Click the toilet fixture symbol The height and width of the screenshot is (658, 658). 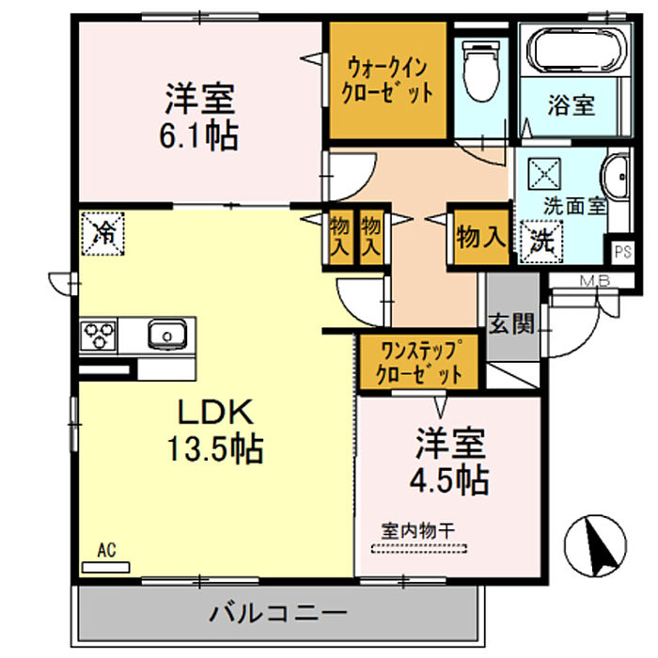[481, 70]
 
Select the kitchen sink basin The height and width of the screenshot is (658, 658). [167, 335]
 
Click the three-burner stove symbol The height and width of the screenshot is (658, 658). [99, 336]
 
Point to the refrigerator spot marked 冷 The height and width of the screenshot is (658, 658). [103, 233]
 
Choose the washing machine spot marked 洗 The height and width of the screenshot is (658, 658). [541, 243]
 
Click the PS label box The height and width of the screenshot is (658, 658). [622, 252]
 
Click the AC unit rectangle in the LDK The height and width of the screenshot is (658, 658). [105, 568]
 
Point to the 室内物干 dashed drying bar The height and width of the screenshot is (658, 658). [419, 548]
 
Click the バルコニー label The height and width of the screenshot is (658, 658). [278, 614]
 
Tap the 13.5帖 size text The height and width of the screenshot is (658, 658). [215, 448]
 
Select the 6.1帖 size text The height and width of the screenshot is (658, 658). [199, 135]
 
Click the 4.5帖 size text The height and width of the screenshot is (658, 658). [449, 479]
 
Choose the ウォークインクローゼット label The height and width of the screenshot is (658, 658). [387, 81]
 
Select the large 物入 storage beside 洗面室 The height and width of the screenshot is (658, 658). [481, 238]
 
